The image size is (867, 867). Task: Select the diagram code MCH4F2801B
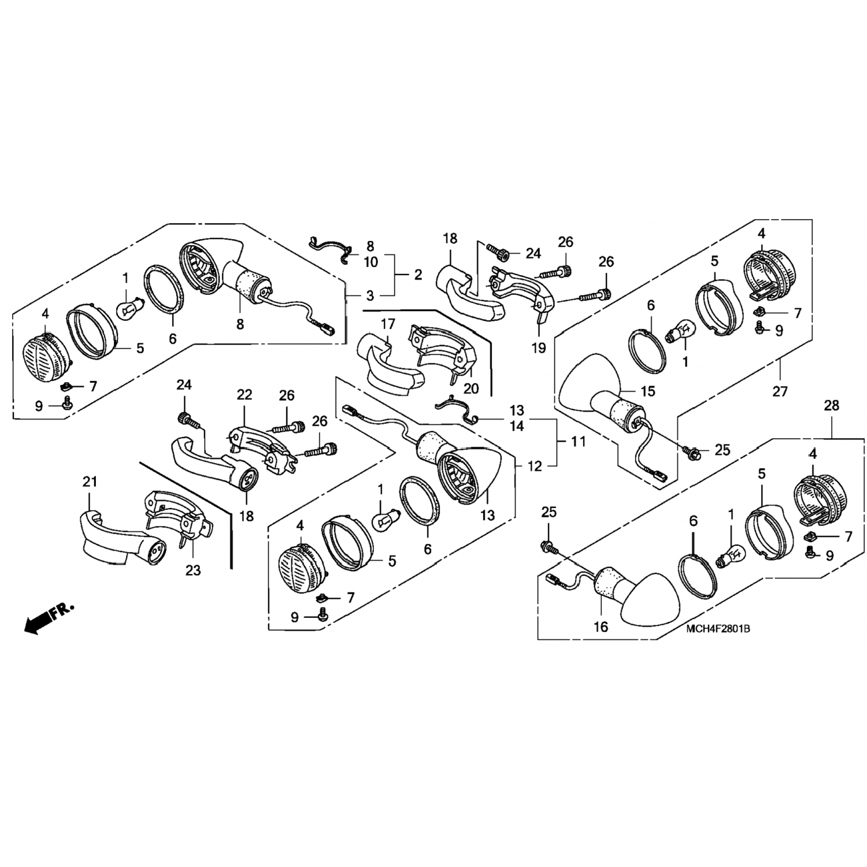[x=718, y=629]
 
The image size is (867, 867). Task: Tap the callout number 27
[x=780, y=391]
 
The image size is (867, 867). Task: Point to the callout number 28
[x=831, y=406]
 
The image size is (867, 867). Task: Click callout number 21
[x=90, y=481]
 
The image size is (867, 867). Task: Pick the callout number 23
[x=193, y=570]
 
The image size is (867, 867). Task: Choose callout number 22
[x=244, y=395]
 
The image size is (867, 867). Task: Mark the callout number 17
[x=387, y=325]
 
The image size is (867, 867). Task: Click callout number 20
[x=471, y=388]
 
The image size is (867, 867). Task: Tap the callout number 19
[x=539, y=349]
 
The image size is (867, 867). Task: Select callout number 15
[x=648, y=391]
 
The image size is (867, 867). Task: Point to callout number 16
[x=601, y=627]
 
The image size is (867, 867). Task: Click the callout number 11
[x=578, y=442]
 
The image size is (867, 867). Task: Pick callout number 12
[x=535, y=465]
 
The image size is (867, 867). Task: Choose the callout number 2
[x=417, y=274]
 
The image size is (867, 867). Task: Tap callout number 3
[x=370, y=295]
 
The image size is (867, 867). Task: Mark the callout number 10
[x=370, y=262]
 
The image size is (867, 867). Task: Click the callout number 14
[x=517, y=426]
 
